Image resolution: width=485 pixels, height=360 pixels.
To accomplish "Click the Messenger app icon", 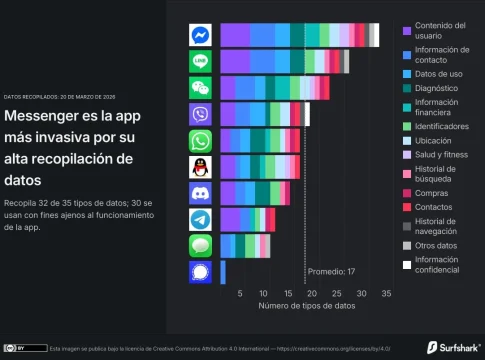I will coord(201,35).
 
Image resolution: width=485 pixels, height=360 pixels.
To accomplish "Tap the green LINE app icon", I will coord(201,61).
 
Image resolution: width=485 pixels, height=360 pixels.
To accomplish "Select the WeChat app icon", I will coord(201,88).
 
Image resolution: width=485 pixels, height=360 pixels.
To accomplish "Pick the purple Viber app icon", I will coord(201,114).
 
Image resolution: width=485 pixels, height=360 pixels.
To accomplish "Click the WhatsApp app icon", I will coord(201,140).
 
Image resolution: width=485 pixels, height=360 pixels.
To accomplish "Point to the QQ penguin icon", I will coord(201,166).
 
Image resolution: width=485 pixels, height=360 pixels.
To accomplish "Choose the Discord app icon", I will coord(201,192).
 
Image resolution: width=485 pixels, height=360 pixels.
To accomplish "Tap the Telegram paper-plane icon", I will coord(201,219).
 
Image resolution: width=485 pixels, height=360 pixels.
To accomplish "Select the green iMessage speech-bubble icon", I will coord(201,245).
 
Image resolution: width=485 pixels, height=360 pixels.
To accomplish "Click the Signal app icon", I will coord(201,271).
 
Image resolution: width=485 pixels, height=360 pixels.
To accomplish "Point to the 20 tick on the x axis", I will coord(311,294).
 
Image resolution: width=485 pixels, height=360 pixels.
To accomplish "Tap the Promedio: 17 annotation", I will coord(331,270).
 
